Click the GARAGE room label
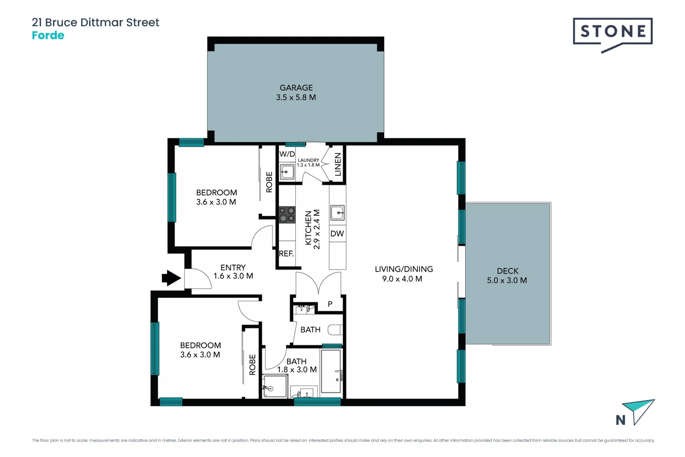point(296,88)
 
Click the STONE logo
point(612,32)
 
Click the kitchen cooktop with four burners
point(287,215)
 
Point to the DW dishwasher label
point(337,234)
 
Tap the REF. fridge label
point(286,253)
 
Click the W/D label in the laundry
point(287,154)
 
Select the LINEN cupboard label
point(338,164)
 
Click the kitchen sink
point(337,212)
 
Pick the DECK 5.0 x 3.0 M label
point(507,275)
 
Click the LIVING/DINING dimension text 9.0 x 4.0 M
point(402,279)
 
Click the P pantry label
point(330,304)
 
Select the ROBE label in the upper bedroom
point(269,182)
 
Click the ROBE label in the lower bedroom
point(252,364)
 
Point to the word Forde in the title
point(48,36)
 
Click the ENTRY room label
point(233,267)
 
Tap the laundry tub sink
point(287,172)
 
